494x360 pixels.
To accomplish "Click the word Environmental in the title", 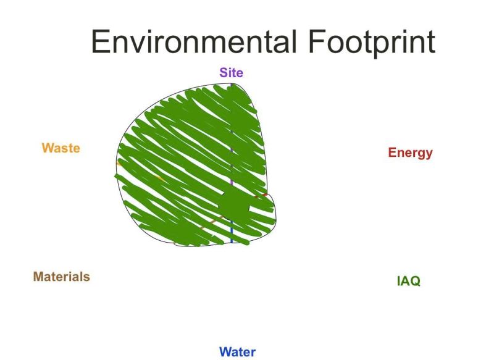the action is coord(194,41).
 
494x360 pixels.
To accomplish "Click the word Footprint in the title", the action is coord(372,43).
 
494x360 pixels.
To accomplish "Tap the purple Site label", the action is coord(231,73).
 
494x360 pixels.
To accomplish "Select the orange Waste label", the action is coord(61,148).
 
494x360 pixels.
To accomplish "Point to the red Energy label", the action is coord(410,153).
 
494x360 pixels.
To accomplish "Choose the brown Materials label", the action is coord(61,277).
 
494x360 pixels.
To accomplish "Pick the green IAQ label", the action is coord(408,280).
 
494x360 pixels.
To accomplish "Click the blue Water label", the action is coord(238,352).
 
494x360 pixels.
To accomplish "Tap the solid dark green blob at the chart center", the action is coord(235,205).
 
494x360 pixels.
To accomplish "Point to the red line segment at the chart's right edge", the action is coord(261,196).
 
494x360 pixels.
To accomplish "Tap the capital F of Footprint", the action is coord(317,41).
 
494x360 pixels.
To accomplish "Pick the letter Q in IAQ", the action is coord(415,281).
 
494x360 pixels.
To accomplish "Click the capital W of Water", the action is coord(226,352).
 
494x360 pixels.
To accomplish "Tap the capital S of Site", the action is coord(224,73).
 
